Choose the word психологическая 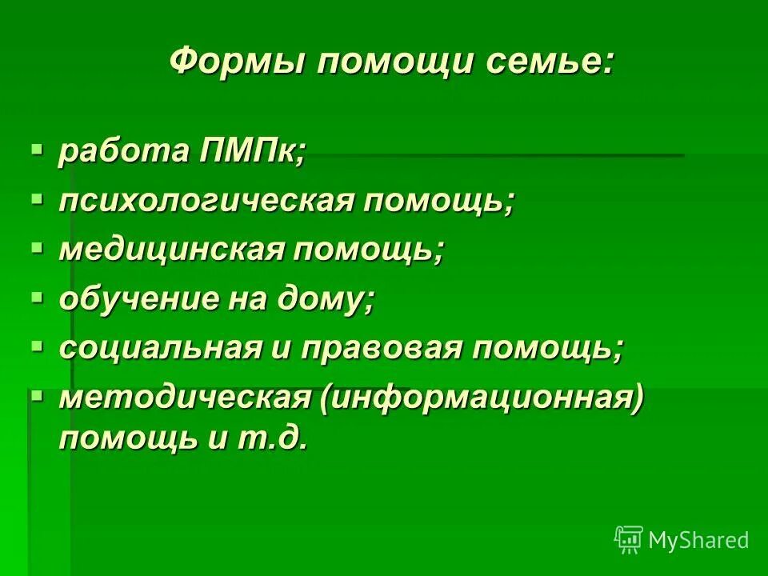(x=206, y=202)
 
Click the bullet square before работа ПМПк (x=36, y=149)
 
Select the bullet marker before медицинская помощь (x=36, y=248)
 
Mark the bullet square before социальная (x=36, y=346)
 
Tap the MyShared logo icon (x=629, y=540)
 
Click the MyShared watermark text (x=698, y=541)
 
